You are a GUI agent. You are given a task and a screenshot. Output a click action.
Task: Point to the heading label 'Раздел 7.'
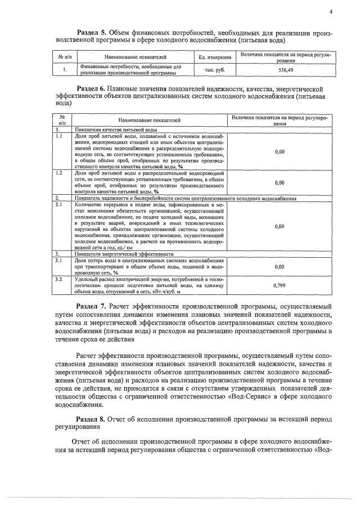coord(92,306)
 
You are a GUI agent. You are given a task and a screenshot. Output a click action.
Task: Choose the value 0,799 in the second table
coord(279,285)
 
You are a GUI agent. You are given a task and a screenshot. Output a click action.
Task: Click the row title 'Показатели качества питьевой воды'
coord(110,130)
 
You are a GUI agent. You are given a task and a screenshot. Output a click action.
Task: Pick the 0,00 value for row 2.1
coord(279,226)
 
